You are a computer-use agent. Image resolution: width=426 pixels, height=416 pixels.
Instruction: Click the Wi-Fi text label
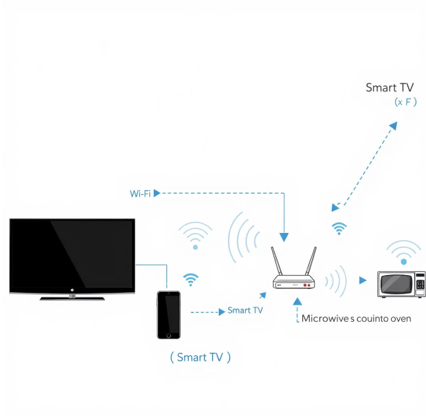click(x=139, y=193)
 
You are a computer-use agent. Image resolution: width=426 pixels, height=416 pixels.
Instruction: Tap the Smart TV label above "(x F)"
click(x=390, y=88)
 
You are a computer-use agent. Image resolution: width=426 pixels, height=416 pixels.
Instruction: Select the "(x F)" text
click(x=406, y=102)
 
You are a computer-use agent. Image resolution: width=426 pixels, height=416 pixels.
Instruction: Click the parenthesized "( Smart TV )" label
click(x=201, y=357)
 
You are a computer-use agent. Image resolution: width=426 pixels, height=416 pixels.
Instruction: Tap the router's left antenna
click(x=278, y=262)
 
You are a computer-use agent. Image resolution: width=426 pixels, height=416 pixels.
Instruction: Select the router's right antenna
click(x=310, y=262)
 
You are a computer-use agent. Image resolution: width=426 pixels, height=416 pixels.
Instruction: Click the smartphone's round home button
click(x=168, y=335)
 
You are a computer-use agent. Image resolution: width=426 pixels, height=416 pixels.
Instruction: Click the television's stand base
click(x=72, y=298)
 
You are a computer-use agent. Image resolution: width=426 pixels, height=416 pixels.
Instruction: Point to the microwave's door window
click(x=394, y=285)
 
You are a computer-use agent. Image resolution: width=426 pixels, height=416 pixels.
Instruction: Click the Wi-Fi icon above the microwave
click(x=404, y=253)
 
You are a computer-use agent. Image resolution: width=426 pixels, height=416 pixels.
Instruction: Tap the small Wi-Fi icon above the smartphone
click(x=191, y=279)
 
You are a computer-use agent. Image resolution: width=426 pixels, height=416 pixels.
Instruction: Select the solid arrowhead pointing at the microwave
click(x=363, y=280)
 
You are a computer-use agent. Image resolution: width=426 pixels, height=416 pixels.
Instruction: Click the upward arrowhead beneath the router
click(x=297, y=301)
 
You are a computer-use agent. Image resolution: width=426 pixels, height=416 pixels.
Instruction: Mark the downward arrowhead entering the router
click(x=284, y=236)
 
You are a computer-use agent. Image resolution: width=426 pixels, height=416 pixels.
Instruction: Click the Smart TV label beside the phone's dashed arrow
click(x=245, y=310)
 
